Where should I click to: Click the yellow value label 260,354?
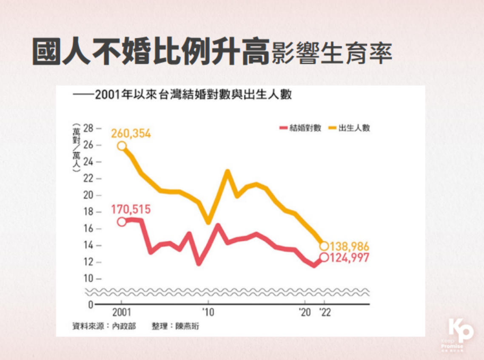131,134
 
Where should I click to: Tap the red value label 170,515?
131,210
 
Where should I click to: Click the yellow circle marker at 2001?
122,146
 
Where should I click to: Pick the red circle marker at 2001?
122,222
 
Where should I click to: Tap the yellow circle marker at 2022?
324,246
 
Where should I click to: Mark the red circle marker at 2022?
324,257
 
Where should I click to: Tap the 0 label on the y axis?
90,305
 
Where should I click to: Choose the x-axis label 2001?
122,312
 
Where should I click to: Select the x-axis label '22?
324,312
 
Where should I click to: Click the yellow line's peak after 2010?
228,171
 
